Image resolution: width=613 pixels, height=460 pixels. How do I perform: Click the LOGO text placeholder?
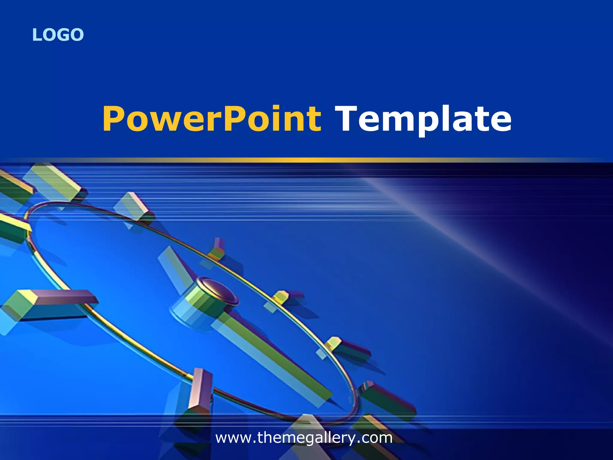point(58,35)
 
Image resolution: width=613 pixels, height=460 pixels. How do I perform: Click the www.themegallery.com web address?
point(304,438)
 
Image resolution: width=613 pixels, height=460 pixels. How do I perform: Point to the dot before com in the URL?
point(359,442)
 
